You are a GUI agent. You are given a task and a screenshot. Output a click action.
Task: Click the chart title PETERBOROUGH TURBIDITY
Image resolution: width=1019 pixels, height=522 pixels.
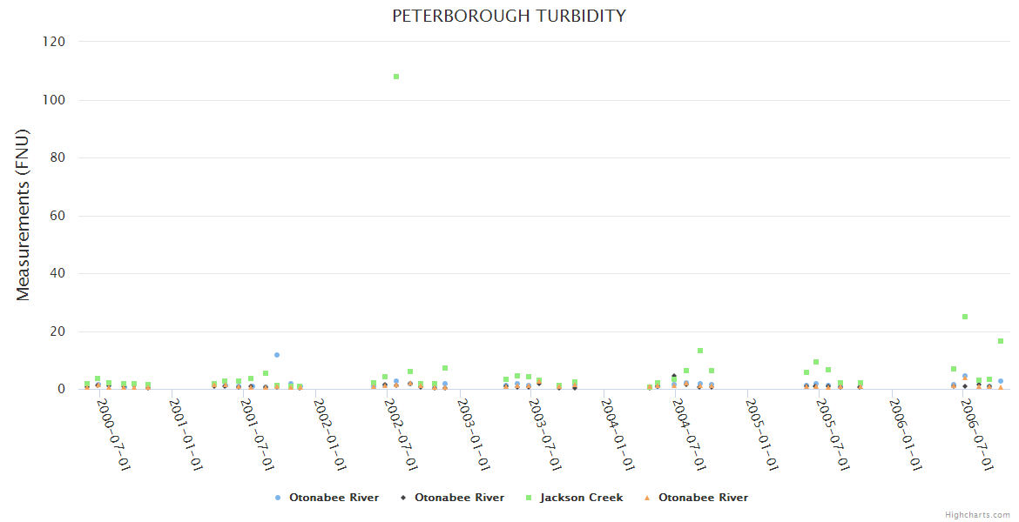pos(509,16)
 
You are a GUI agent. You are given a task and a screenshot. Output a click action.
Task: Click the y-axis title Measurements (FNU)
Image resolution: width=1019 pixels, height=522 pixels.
pos(24,215)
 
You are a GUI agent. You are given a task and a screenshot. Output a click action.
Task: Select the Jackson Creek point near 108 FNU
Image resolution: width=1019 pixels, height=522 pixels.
pos(396,77)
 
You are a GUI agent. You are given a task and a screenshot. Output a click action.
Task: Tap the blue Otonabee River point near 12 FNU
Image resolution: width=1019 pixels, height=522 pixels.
pos(277,355)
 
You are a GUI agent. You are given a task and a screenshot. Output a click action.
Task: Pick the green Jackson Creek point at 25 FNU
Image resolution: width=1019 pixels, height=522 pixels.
pos(965,317)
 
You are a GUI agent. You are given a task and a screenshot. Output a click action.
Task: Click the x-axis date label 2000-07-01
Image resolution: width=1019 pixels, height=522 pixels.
pos(114,435)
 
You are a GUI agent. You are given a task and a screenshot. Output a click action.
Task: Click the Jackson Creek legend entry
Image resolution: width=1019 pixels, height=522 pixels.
pos(581,498)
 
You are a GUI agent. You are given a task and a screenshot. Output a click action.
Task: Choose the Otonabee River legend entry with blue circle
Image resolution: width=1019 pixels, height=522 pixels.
pos(334,498)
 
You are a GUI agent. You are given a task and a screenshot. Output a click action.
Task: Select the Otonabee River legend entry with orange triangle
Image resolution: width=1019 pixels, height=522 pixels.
pos(703,498)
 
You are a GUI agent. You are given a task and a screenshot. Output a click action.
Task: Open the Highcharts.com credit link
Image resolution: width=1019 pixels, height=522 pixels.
pos(977,515)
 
